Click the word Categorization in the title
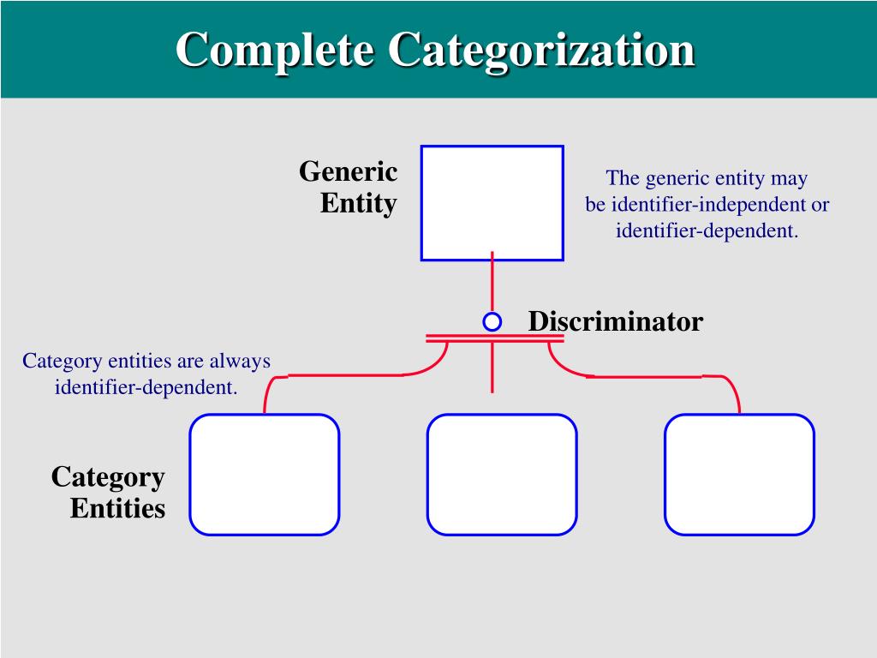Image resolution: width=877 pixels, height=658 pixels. pyautogui.click(x=540, y=50)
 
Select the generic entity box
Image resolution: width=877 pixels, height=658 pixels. pyautogui.click(x=492, y=202)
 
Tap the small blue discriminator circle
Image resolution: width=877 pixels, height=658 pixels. pyautogui.click(x=492, y=321)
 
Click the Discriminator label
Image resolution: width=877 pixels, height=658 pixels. pyautogui.click(x=615, y=321)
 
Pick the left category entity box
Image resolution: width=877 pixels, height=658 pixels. pyautogui.click(x=264, y=474)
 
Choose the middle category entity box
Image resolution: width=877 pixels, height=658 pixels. pyautogui.click(x=501, y=474)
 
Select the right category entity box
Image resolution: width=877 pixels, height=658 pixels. pyautogui.click(x=739, y=474)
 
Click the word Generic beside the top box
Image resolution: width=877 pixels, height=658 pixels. pyautogui.click(x=348, y=171)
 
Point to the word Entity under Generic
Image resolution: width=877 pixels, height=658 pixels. pyautogui.click(x=358, y=204)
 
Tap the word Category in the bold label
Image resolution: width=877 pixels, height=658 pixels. pyautogui.click(x=108, y=476)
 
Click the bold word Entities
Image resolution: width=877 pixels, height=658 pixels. pyautogui.click(x=117, y=508)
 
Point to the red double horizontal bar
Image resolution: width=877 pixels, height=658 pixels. pyautogui.click(x=494, y=338)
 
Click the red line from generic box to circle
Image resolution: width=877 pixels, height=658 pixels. pyautogui.click(x=492, y=283)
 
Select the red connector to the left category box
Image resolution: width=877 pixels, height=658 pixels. pyautogui.click(x=343, y=375)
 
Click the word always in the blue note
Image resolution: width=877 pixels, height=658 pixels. pyautogui.click(x=240, y=361)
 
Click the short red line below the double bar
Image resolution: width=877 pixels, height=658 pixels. pyautogui.click(x=492, y=368)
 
